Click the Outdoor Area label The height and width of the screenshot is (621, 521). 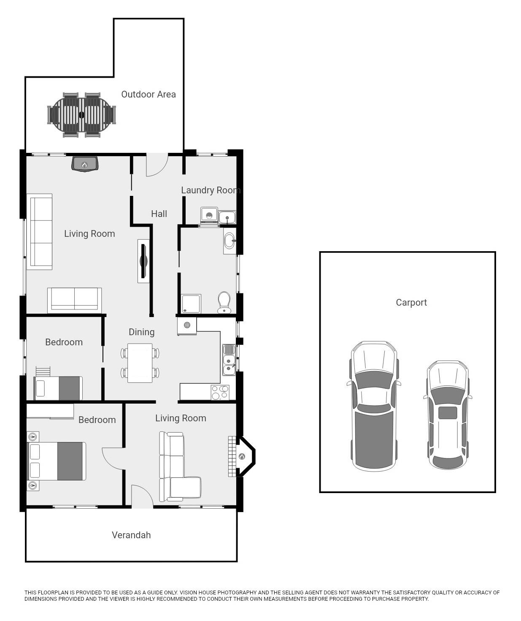coord(148,94)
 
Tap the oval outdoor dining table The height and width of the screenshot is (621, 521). coord(81,115)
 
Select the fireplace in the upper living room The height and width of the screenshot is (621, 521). coord(85,164)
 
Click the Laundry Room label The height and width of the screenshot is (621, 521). coord(211,190)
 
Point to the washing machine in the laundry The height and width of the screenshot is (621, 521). coord(209,215)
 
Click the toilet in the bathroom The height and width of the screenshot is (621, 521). coord(224,302)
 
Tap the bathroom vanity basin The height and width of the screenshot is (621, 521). coord(229,241)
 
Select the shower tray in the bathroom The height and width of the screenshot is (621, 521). coord(191,304)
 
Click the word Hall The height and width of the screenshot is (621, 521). coord(159,214)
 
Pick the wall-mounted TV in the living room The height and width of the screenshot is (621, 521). coord(144,261)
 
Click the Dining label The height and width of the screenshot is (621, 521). coord(141,332)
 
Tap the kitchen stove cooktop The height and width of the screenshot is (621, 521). coord(220,392)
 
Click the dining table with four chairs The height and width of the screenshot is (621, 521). coord(140,363)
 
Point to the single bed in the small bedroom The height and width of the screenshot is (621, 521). coord(58,388)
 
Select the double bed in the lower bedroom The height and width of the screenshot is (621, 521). coord(57,461)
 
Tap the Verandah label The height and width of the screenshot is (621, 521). coord(131,535)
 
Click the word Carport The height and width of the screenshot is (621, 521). coord(411,302)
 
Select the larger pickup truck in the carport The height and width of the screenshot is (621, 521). coord(374,406)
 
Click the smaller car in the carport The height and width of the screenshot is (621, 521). coord(448,415)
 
